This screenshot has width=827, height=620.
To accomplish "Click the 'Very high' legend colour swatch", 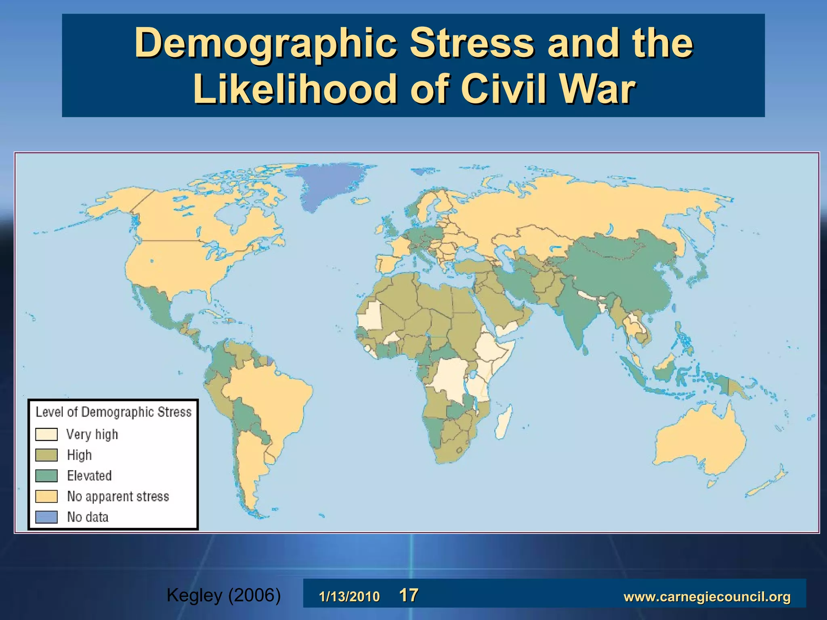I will [46, 434].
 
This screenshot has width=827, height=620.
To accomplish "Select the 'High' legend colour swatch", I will [46, 455].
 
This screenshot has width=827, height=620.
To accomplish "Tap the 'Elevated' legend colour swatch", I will [46, 475].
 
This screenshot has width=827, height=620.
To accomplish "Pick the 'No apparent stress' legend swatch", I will [46, 496].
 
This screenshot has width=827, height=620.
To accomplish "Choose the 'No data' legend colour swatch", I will [46, 517].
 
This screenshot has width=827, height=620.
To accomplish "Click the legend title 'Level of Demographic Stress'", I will [113, 412].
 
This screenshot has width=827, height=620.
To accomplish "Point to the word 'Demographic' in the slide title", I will [265, 44].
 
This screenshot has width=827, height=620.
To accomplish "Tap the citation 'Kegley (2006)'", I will [223, 595].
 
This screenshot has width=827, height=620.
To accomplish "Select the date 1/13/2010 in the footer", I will [349, 597].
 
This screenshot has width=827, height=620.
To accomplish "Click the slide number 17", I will [409, 595].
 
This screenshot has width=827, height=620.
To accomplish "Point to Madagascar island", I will [504, 422].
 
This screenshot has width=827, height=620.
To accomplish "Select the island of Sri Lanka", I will [585, 349].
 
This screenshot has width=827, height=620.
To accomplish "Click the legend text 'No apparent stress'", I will [118, 496].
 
